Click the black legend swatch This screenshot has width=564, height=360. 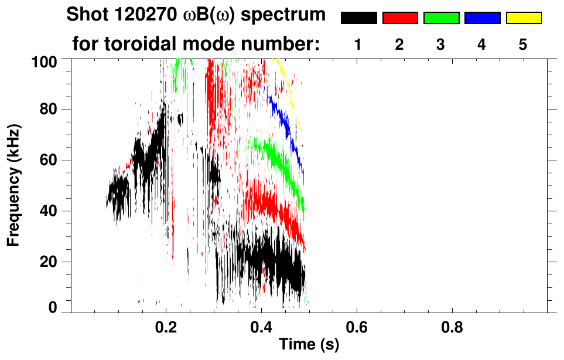click(358, 18)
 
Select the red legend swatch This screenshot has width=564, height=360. click(400, 18)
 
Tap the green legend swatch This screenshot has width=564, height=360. click(441, 18)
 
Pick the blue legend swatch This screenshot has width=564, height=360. click(482, 18)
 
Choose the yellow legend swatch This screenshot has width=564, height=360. click(524, 18)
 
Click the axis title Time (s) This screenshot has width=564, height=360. click(309, 345)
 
